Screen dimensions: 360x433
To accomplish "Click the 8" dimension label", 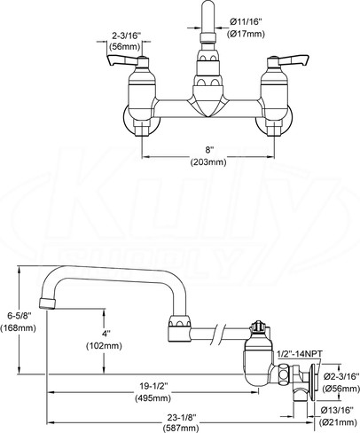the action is pos(209,150).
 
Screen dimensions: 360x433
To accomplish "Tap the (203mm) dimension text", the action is pos(208,162).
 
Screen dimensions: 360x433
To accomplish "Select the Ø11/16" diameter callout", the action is pos(246,21).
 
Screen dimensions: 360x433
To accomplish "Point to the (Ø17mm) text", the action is pos(246,34).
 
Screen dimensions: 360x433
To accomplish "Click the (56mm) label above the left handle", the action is pos(124,47).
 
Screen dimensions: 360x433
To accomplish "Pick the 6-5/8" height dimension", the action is pos(20,316).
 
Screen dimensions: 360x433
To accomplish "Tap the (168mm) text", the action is pos(19,327).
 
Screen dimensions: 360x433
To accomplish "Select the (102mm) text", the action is pos(104,346).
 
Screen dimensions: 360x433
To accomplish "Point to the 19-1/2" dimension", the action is pos(153,386).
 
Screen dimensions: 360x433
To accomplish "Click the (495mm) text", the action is pos(153,398).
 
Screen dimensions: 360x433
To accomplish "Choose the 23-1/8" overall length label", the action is pos(182,417).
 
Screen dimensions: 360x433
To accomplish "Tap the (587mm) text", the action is pos(180,428).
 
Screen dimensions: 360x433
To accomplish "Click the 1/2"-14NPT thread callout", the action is pos(300,353).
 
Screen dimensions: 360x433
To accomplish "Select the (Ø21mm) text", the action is pos(338,422).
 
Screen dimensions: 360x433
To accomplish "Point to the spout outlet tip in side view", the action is pos(47,303).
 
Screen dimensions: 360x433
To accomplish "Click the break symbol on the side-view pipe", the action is pos(219,334).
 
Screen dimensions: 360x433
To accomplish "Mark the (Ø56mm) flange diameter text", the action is pos(340,389).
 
